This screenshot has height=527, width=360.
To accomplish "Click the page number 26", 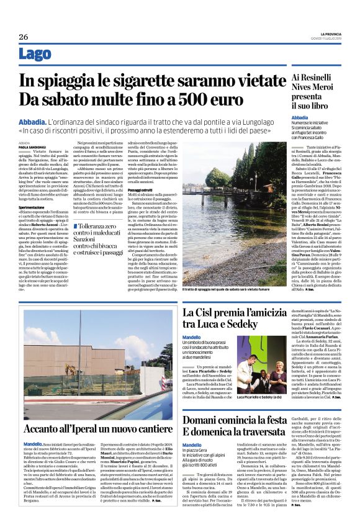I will coord(24,37).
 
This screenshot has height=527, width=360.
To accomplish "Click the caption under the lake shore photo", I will coord(229,288).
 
